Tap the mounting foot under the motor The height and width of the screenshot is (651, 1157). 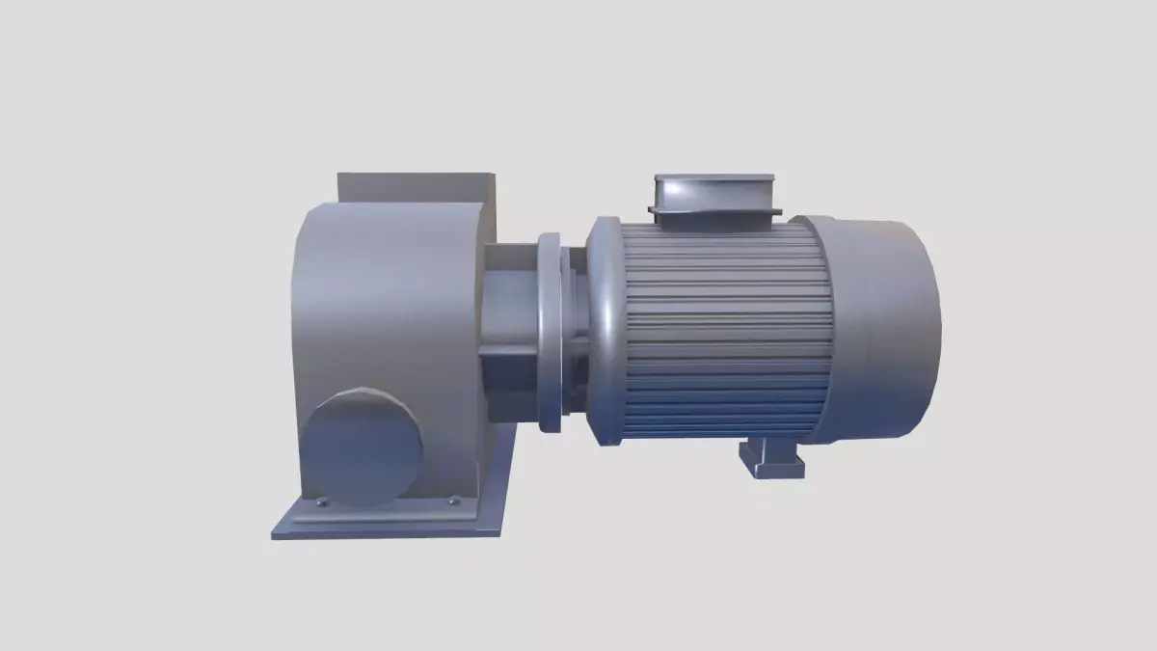pyautogui.click(x=770, y=458)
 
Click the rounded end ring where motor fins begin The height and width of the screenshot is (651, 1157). pyautogui.click(x=605, y=328)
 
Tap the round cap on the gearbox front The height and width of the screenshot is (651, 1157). pyautogui.click(x=363, y=444)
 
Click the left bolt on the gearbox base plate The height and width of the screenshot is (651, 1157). pyautogui.click(x=322, y=502)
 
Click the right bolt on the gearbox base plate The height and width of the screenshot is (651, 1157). pyautogui.click(x=453, y=500)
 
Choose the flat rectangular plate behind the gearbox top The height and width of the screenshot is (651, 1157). pyautogui.click(x=415, y=186)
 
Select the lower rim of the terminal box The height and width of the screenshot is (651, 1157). pyautogui.click(x=715, y=211)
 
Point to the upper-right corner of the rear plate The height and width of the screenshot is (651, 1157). pyautogui.click(x=494, y=176)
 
